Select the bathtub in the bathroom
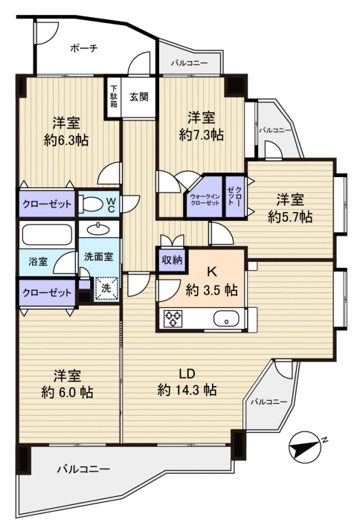pyautogui.click(x=46, y=236)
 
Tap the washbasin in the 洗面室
pyautogui.click(x=98, y=229)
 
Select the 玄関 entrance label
pyautogui.click(x=138, y=96)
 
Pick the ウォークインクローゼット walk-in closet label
pyautogui.click(x=204, y=196)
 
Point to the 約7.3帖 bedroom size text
pyautogui.click(x=201, y=135)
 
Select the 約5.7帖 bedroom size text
pyautogui.click(x=290, y=216)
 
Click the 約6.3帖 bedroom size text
pyautogui.click(x=66, y=139)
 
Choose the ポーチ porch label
pyautogui.click(x=84, y=48)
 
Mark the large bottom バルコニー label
pyautogui.click(x=84, y=470)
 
